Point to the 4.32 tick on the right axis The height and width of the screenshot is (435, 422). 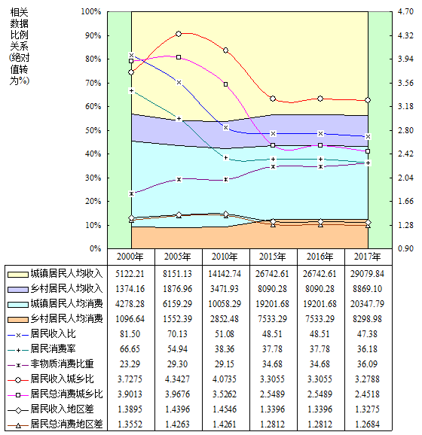click(x=405, y=35)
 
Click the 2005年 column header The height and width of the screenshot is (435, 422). click(x=178, y=257)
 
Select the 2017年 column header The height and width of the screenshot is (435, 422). click(x=368, y=257)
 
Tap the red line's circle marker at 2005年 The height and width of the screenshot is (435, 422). click(x=179, y=34)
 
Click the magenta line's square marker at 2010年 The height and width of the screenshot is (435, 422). click(x=226, y=84)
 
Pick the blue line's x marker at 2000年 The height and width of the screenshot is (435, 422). click(x=131, y=55)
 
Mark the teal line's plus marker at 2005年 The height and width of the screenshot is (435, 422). click(x=179, y=119)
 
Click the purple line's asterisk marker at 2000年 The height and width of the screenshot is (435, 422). click(x=131, y=193)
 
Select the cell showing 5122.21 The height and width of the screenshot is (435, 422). click(x=130, y=274)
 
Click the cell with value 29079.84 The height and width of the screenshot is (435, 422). click(x=367, y=274)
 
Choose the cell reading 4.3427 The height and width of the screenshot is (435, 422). click(x=178, y=379)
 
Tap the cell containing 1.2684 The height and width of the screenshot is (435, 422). click(x=367, y=424)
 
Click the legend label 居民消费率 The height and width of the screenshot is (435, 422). click(x=53, y=348)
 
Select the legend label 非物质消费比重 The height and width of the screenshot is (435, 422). click(x=63, y=364)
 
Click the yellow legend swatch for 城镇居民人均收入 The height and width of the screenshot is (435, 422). click(x=18, y=275)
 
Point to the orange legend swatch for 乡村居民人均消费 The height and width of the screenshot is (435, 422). click(x=18, y=320)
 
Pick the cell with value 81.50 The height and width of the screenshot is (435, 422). click(x=130, y=333)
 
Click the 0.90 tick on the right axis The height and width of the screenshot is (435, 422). click(x=405, y=248)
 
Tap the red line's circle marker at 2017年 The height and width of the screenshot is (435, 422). click(x=368, y=100)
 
